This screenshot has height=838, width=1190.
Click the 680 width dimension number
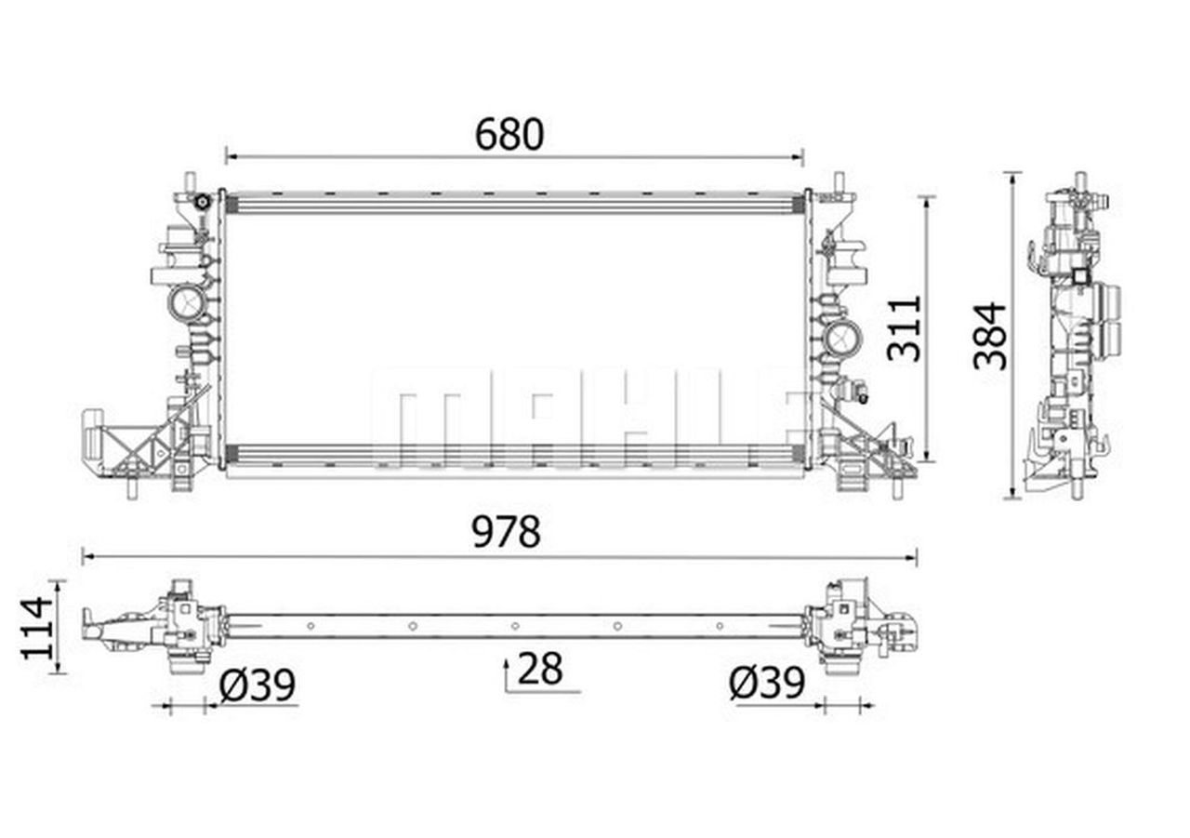(509, 135)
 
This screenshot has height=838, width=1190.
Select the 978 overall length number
(506, 532)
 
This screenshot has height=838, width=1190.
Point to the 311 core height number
(905, 329)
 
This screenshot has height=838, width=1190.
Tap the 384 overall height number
(989, 336)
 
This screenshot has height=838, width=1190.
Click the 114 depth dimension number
(37, 628)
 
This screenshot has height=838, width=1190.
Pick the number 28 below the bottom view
(540, 669)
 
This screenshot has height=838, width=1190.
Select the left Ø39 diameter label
(258, 685)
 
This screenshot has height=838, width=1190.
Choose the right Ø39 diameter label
(767, 684)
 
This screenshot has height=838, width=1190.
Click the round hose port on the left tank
(186, 303)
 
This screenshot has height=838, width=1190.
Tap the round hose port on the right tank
(843, 338)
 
